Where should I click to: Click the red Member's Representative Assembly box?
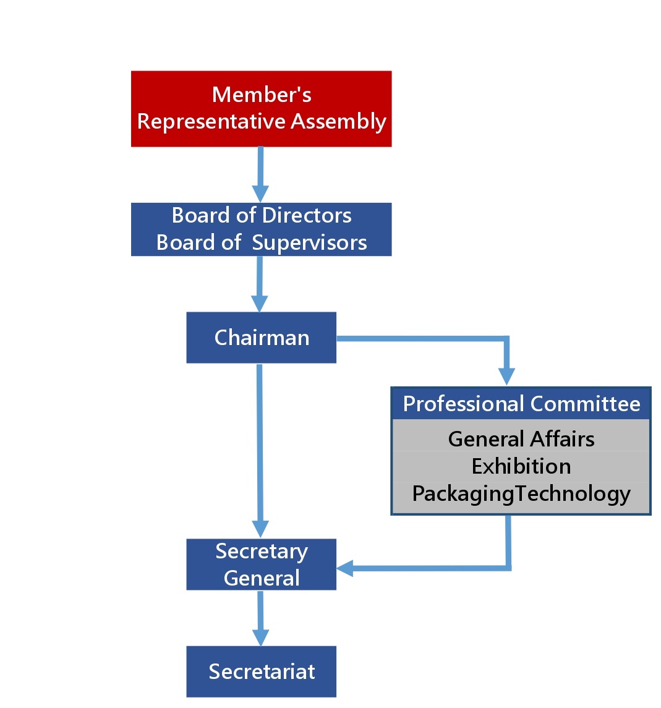tap(261, 109)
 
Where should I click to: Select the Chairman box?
tap(261, 338)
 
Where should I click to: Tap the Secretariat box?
tap(261, 672)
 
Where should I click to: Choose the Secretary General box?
tap(261, 565)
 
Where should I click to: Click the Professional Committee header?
tap(521, 404)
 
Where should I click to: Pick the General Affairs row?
tap(521, 438)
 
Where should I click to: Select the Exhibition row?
tap(521, 466)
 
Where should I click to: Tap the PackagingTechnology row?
tap(521, 494)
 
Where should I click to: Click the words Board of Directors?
tap(262, 215)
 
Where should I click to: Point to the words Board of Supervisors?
tap(262, 242)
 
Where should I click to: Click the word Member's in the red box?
tap(262, 95)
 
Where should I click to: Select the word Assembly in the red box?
tap(338, 121)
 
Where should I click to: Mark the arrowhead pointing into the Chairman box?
tap(260, 304)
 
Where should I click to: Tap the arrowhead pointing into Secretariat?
tap(261, 638)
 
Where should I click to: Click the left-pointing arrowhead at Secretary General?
tap(345, 568)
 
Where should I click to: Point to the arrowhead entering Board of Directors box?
tap(260, 194)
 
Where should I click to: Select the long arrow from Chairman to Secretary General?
tap(260, 445)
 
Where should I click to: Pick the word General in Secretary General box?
tap(262, 578)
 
